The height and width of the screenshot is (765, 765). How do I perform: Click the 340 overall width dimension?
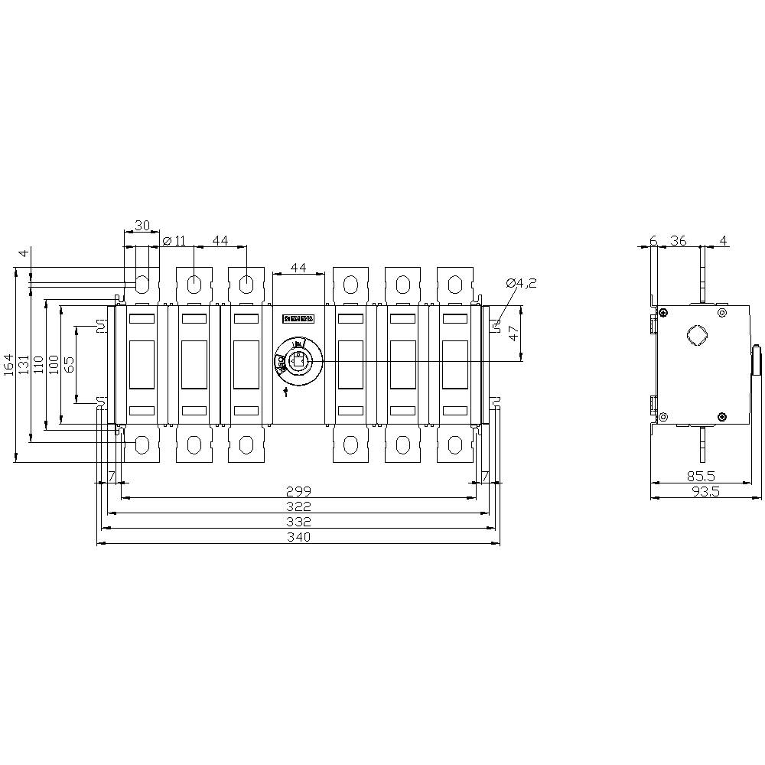[298, 537]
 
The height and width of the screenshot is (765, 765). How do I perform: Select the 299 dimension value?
[298, 490]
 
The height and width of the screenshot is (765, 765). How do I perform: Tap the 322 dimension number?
[298, 506]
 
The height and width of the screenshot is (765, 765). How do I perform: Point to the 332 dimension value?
[298, 521]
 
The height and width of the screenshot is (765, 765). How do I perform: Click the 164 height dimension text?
[8, 364]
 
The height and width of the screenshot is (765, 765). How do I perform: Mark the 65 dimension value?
[69, 364]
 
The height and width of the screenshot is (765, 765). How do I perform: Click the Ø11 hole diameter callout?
[175, 241]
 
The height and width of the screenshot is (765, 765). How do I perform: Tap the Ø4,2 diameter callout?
[521, 282]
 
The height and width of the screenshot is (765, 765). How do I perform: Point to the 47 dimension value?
[513, 333]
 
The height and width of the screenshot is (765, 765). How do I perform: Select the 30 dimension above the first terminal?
[142, 226]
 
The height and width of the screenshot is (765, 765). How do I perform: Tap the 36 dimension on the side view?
[678, 240]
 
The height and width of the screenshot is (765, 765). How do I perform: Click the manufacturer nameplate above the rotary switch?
[298, 317]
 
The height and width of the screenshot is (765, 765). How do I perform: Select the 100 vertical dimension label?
[54, 364]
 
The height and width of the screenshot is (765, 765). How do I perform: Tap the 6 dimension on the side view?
[653, 240]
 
